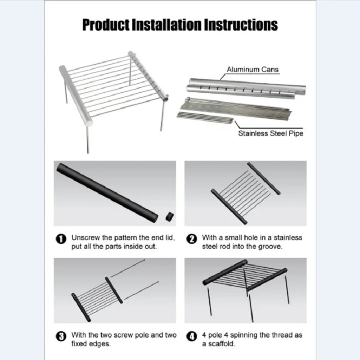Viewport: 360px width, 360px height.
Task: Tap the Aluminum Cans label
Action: coord(252,69)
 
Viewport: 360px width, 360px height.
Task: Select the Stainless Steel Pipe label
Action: coord(270,133)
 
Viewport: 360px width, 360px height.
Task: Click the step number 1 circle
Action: coord(62,239)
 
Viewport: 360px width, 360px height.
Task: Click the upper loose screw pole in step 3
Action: coord(127,269)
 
